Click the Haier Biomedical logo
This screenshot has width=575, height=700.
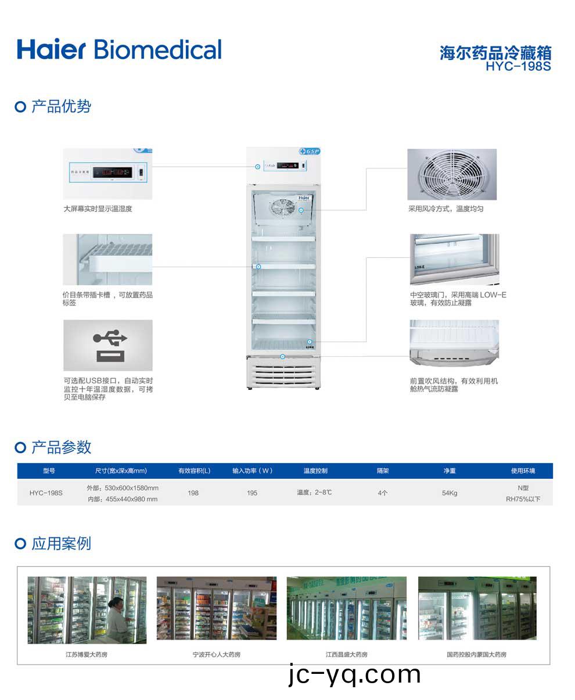coord(119,49)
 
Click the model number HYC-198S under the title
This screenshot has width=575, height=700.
coord(518,66)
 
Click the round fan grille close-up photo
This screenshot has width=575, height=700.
coord(452,174)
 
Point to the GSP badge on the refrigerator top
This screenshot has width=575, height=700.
coord(309,151)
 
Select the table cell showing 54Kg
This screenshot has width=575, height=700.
coord(449,493)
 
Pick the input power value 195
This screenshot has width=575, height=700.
coord(251,493)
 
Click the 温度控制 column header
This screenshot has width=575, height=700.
coord(315,471)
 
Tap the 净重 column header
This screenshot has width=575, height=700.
coord(449,471)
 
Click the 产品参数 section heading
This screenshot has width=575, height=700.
coord(61,447)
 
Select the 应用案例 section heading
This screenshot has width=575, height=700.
coord(61,544)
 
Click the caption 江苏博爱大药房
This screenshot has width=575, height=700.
coord(87,655)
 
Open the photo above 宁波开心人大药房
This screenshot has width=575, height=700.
coord(216,608)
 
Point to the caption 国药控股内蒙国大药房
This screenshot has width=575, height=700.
coord(476,655)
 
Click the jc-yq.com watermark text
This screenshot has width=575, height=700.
coord(354,674)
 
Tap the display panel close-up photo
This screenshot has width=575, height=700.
coord(107,173)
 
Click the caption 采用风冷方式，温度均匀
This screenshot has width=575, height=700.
coord(445,209)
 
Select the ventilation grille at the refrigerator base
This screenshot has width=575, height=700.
coord(283,372)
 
